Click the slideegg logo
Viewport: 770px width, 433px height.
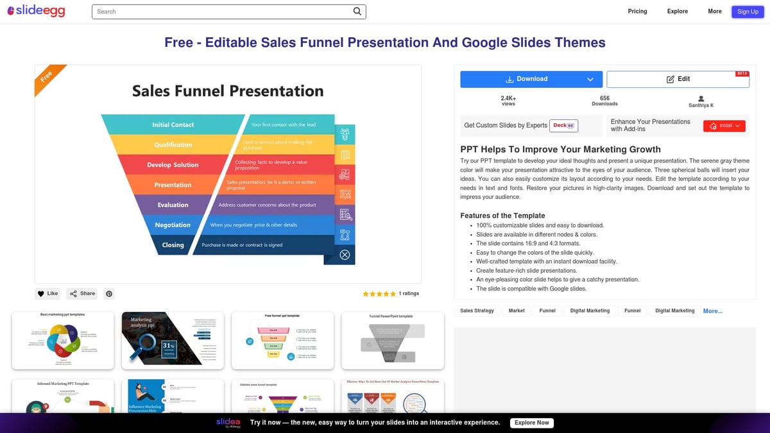click(36, 12)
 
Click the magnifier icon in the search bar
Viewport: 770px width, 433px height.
click(357, 12)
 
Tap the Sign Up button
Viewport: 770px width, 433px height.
click(748, 12)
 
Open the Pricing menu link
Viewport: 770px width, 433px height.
click(637, 12)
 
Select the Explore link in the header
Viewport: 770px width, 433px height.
click(677, 12)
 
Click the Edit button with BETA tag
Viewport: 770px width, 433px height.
click(678, 79)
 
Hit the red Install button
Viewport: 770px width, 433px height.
click(724, 126)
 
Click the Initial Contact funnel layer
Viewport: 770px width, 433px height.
click(173, 124)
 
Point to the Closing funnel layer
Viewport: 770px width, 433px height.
click(173, 245)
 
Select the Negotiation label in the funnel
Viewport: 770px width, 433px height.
click(173, 225)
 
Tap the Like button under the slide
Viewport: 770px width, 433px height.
click(47, 294)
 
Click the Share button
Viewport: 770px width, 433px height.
click(82, 294)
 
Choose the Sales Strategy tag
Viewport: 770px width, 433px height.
click(477, 310)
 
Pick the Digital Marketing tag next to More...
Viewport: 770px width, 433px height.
click(674, 310)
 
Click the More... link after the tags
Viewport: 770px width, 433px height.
click(712, 311)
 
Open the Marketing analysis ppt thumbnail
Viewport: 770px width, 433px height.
click(173, 341)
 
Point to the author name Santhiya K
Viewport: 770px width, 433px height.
click(701, 105)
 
